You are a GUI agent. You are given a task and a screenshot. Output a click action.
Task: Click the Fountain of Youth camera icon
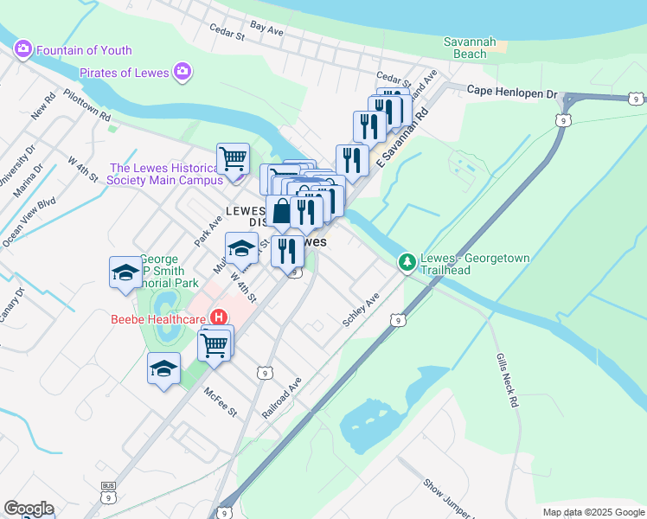point(22,49)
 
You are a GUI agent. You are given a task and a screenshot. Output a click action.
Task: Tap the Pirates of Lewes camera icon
point(182,72)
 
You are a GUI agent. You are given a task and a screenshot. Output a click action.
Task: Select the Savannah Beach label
point(465,47)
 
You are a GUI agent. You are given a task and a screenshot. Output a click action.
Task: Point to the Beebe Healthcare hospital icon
point(219,317)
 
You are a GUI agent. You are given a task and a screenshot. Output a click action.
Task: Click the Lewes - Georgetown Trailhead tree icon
point(407,261)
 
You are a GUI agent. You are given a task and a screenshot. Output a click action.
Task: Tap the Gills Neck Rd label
point(506,379)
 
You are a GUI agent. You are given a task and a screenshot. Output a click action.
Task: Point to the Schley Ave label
point(361,309)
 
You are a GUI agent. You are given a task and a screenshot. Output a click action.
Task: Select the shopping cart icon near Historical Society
point(233,159)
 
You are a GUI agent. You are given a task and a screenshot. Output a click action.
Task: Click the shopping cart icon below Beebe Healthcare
point(214,344)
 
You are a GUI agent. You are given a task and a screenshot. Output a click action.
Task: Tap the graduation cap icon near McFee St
point(163,368)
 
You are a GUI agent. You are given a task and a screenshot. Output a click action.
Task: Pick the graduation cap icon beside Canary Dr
point(125,273)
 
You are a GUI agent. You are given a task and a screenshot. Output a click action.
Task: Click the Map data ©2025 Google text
point(593,512)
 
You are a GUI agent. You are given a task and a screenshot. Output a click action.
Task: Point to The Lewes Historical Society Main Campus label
point(163,174)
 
